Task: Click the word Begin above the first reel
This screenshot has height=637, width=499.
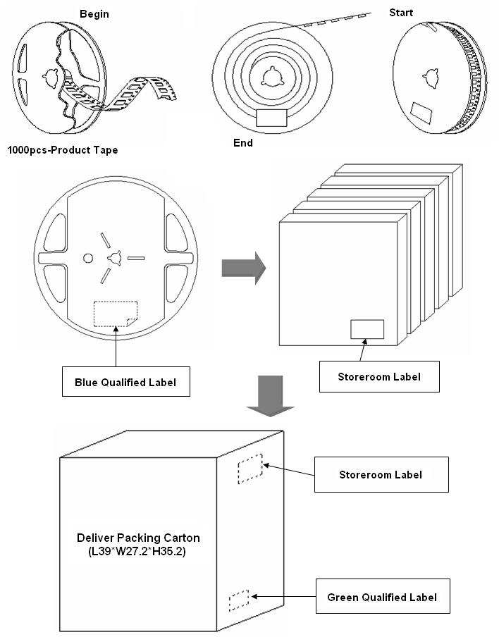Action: tap(94, 14)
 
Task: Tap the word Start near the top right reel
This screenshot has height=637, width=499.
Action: tap(401, 13)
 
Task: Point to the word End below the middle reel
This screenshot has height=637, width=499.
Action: tap(242, 143)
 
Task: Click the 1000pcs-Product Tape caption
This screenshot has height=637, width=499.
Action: tap(63, 150)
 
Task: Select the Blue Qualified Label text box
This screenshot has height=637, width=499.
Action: tap(125, 383)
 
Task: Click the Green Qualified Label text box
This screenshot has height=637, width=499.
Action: tap(381, 597)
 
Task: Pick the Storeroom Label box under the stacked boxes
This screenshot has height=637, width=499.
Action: tap(379, 376)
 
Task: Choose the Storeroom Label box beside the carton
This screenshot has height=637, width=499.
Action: tap(381, 474)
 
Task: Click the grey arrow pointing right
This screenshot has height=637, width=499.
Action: tap(243, 268)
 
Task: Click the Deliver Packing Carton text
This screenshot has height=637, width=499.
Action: tap(137, 538)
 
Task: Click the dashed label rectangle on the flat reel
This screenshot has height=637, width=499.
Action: tap(116, 314)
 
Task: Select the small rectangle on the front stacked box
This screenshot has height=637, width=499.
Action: tap(367, 329)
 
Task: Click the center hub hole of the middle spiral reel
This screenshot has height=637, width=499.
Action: tap(271, 76)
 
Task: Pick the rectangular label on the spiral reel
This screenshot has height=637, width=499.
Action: tap(271, 117)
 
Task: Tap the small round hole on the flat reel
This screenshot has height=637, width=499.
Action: tap(88, 258)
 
